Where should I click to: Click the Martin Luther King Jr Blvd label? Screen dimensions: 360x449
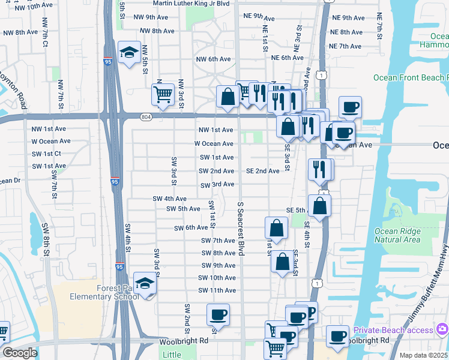pyautogui.click(x=191, y=4)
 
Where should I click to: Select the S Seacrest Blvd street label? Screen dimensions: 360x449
pyautogui.click(x=240, y=229)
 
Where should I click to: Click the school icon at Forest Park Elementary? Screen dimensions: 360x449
pyautogui.click(x=145, y=284)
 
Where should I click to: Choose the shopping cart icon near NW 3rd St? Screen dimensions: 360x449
pyautogui.click(x=163, y=94)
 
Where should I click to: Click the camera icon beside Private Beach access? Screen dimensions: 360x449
pyautogui.click(x=443, y=329)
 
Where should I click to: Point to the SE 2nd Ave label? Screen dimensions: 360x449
pyautogui.click(x=262, y=171)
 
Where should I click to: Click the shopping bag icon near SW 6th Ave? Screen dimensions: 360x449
pyautogui.click(x=276, y=228)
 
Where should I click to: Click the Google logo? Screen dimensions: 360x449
pyautogui.click(x=20, y=353)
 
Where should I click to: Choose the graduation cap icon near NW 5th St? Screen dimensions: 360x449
pyautogui.click(x=128, y=53)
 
